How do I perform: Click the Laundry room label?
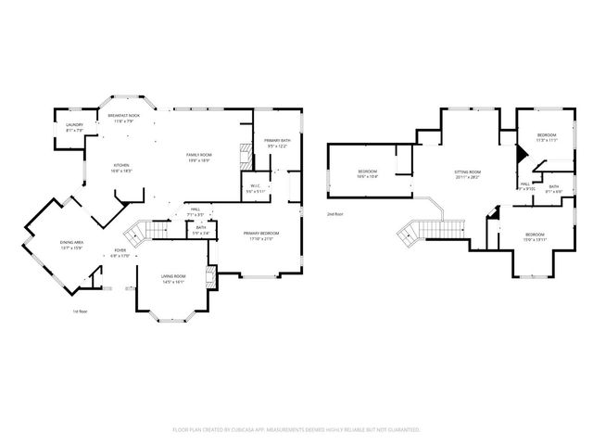(75, 127)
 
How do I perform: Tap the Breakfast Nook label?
(123, 119)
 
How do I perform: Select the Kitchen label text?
(122, 169)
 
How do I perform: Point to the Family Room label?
(198, 157)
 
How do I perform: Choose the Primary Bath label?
(279, 143)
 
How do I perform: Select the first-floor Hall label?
(196, 211)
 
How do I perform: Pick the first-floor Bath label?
(201, 230)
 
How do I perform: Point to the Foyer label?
(120, 252)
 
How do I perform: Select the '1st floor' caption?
(81, 311)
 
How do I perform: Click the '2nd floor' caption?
(334, 214)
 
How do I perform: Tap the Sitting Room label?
(467, 174)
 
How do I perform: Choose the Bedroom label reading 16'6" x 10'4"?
(368, 173)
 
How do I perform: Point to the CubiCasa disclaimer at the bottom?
(296, 430)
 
